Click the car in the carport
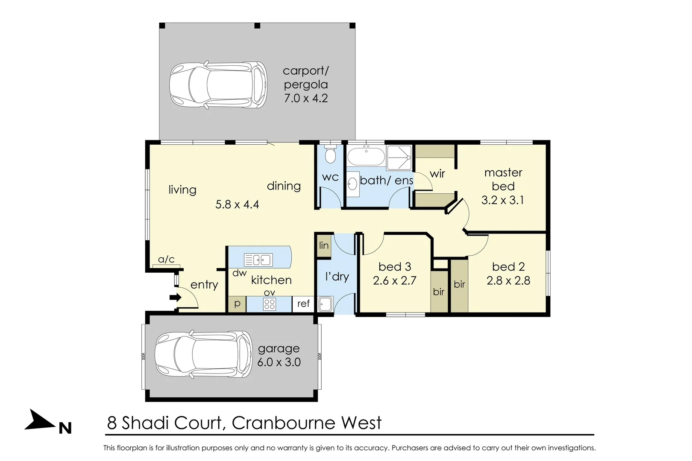pyautogui.click(x=218, y=85)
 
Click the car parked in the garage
pyautogui.click(x=204, y=354)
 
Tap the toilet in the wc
pyautogui.click(x=330, y=155)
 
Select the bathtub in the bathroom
pyautogui.click(x=366, y=157)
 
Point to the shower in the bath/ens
pyautogui.click(x=399, y=158)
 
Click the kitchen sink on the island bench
pyautogui.click(x=258, y=260)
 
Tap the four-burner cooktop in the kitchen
pyautogui.click(x=270, y=304)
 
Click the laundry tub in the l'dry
pyautogui.click(x=325, y=304)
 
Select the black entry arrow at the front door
pyautogui.click(x=175, y=298)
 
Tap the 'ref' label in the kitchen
pyautogui.click(x=303, y=304)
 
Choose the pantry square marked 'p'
pyautogui.click(x=237, y=304)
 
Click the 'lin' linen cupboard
pyautogui.click(x=324, y=246)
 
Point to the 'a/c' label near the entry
pyautogui.click(x=166, y=260)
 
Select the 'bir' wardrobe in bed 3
pyautogui.click(x=439, y=292)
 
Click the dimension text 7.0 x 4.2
pyautogui.click(x=306, y=98)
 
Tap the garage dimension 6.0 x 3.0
pyautogui.click(x=279, y=362)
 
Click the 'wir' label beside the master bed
pyautogui.click(x=437, y=174)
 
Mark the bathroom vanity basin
pyautogui.click(x=352, y=184)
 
